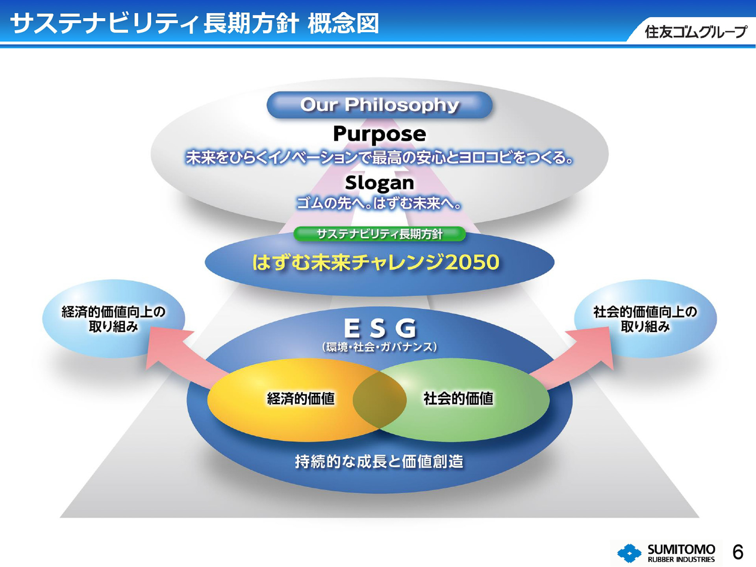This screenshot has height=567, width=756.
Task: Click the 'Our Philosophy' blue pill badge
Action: [x=379, y=105]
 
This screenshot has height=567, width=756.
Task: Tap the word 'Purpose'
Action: [x=379, y=134]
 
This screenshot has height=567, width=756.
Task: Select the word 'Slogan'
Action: [x=379, y=183]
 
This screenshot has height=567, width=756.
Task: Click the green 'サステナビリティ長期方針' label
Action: [x=379, y=234]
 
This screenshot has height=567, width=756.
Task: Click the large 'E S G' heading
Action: [x=379, y=328]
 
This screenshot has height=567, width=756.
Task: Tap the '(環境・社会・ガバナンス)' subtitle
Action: [x=379, y=347]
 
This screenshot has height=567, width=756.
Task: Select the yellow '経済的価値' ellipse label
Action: [x=300, y=398]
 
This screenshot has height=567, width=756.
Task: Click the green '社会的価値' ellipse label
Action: [x=458, y=398]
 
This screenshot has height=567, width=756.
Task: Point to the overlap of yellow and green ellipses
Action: [x=379, y=400]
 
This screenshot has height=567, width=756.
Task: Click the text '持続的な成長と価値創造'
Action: [x=379, y=461]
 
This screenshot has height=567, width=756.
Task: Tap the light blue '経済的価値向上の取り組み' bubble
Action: [x=113, y=319]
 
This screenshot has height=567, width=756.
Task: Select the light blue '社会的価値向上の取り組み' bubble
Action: [x=645, y=319]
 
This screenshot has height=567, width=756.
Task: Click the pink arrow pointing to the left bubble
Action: [x=177, y=356]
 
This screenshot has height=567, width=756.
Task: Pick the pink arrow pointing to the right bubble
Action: [x=579, y=356]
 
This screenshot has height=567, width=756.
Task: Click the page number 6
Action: [x=738, y=552]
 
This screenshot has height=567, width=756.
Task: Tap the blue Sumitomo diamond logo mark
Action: [x=629, y=553]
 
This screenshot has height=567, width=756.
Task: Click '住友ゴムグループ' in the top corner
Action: [x=695, y=32]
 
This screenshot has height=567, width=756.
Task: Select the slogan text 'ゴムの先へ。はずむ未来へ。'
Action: [x=379, y=204]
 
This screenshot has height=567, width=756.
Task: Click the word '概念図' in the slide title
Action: [x=343, y=24]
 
